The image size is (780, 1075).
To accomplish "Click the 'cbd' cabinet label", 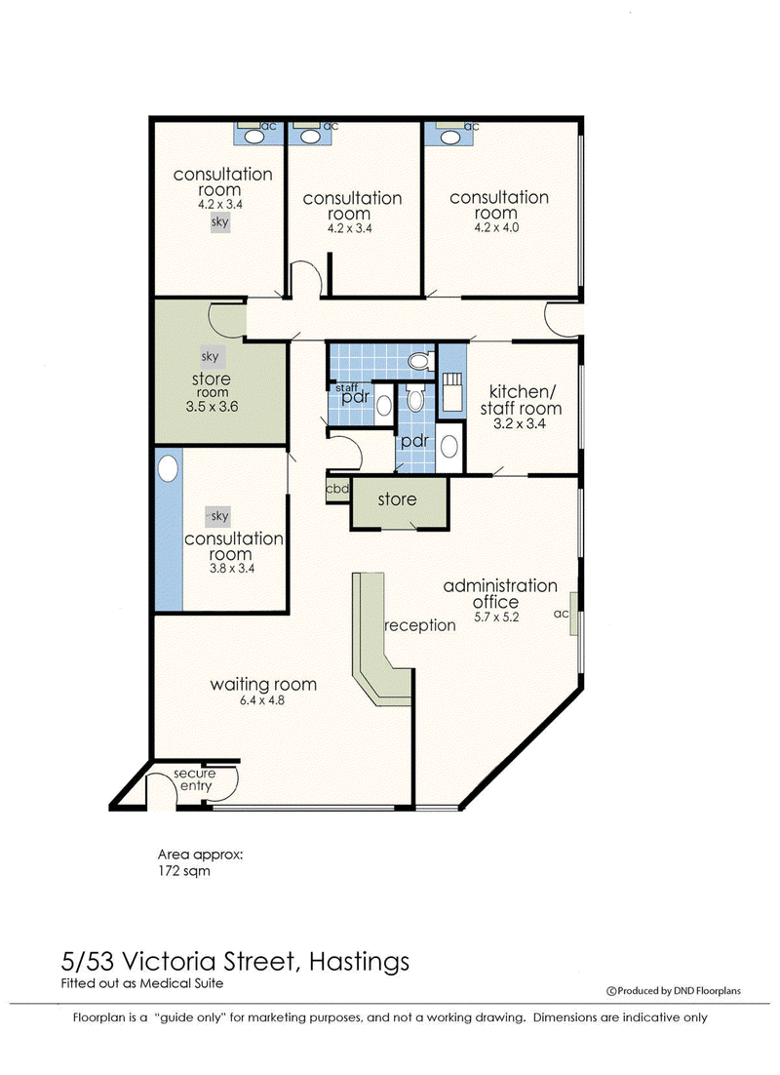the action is click(x=337, y=489).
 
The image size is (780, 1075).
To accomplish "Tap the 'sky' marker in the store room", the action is click(x=211, y=356).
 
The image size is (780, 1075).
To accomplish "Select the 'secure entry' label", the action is click(x=195, y=779).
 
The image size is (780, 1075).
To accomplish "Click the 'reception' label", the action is click(x=420, y=625).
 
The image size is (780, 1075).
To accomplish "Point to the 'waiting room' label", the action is click(x=263, y=684).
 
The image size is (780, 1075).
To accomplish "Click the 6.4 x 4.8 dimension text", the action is click(x=262, y=700).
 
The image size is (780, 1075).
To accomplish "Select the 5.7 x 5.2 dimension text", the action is click(x=496, y=617).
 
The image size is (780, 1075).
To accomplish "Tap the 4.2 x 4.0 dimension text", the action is click(x=496, y=227).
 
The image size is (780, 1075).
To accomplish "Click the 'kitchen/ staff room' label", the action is click(x=521, y=400).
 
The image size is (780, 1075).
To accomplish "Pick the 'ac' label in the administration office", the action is click(x=562, y=614).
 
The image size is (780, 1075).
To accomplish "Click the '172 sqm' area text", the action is click(x=183, y=871).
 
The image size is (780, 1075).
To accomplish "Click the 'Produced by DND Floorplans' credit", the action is click(x=673, y=991).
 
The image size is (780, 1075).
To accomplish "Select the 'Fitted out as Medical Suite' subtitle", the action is click(x=142, y=983).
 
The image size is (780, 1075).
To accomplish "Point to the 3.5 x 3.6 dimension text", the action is click(x=212, y=407).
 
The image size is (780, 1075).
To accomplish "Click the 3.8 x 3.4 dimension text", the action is click(x=232, y=569).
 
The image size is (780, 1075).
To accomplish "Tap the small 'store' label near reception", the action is click(x=397, y=499).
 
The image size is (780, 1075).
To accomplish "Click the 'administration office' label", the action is click(x=499, y=594).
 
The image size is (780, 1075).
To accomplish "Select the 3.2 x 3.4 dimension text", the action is click(x=520, y=423).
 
